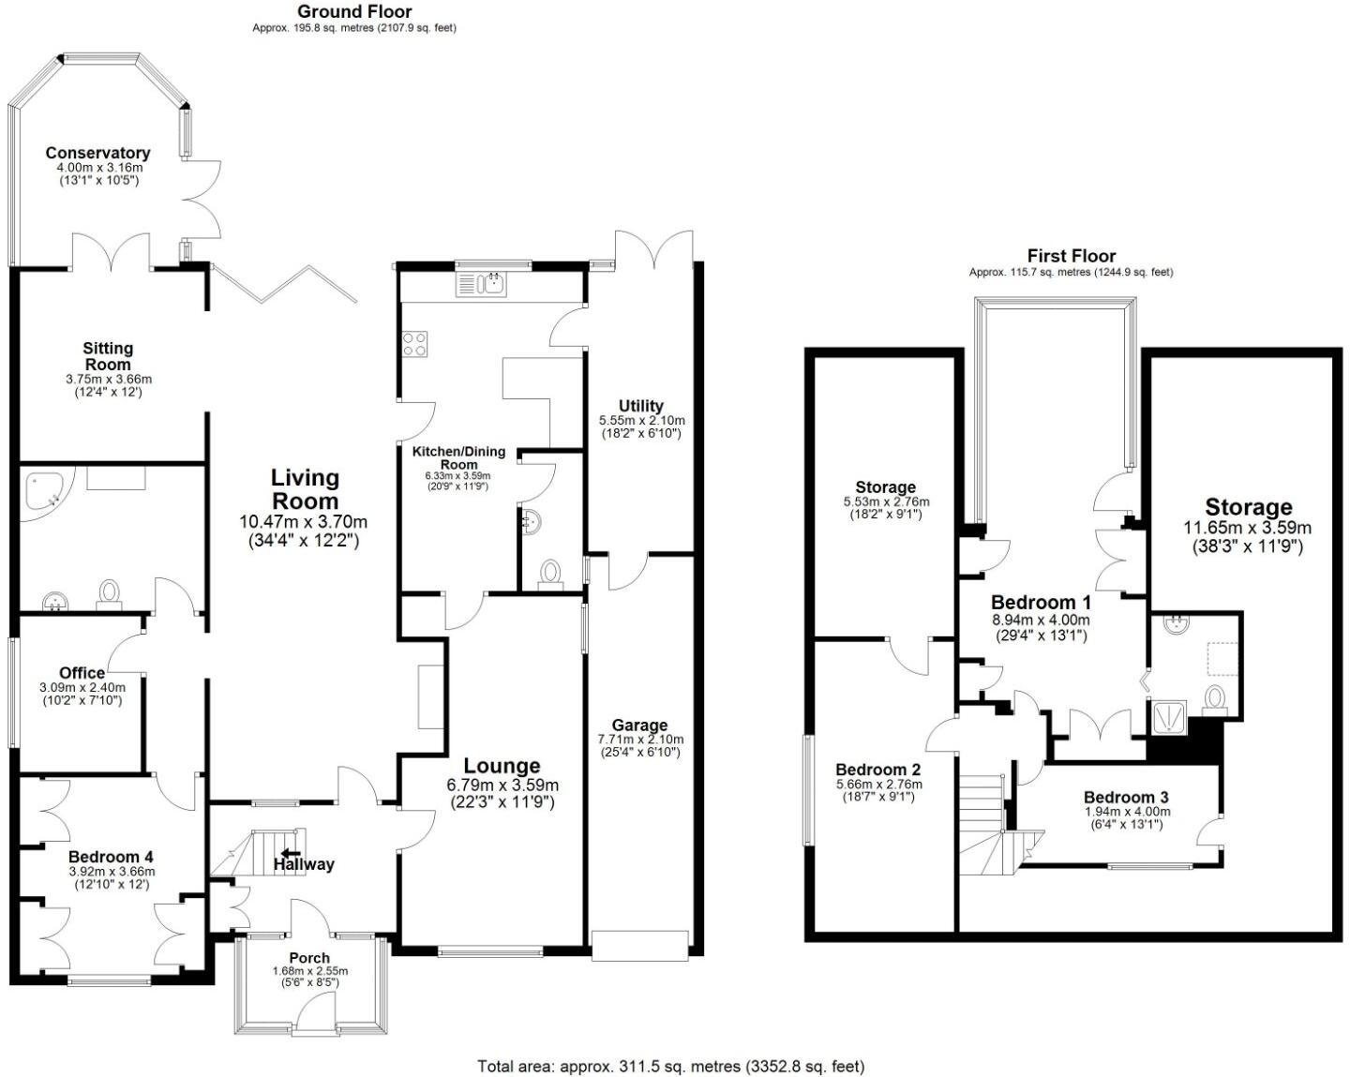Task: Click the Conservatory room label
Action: point(97,153)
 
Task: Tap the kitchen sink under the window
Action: point(481,283)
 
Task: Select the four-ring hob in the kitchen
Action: point(414,344)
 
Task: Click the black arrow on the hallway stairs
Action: point(291,852)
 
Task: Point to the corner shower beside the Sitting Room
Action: point(43,489)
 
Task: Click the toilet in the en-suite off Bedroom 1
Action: point(1215,698)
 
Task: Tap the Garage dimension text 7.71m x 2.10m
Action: point(639,739)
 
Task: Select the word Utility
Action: point(641,406)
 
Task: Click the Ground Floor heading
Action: point(354,11)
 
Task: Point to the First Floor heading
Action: point(1071,256)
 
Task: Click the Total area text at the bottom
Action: point(670,1066)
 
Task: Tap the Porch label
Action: point(309,957)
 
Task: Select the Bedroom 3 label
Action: point(1126,798)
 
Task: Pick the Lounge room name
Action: point(502,766)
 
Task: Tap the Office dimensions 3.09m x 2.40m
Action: point(82,687)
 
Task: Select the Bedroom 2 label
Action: point(878,770)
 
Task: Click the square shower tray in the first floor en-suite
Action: point(1169,717)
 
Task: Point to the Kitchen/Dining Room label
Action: point(458,457)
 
